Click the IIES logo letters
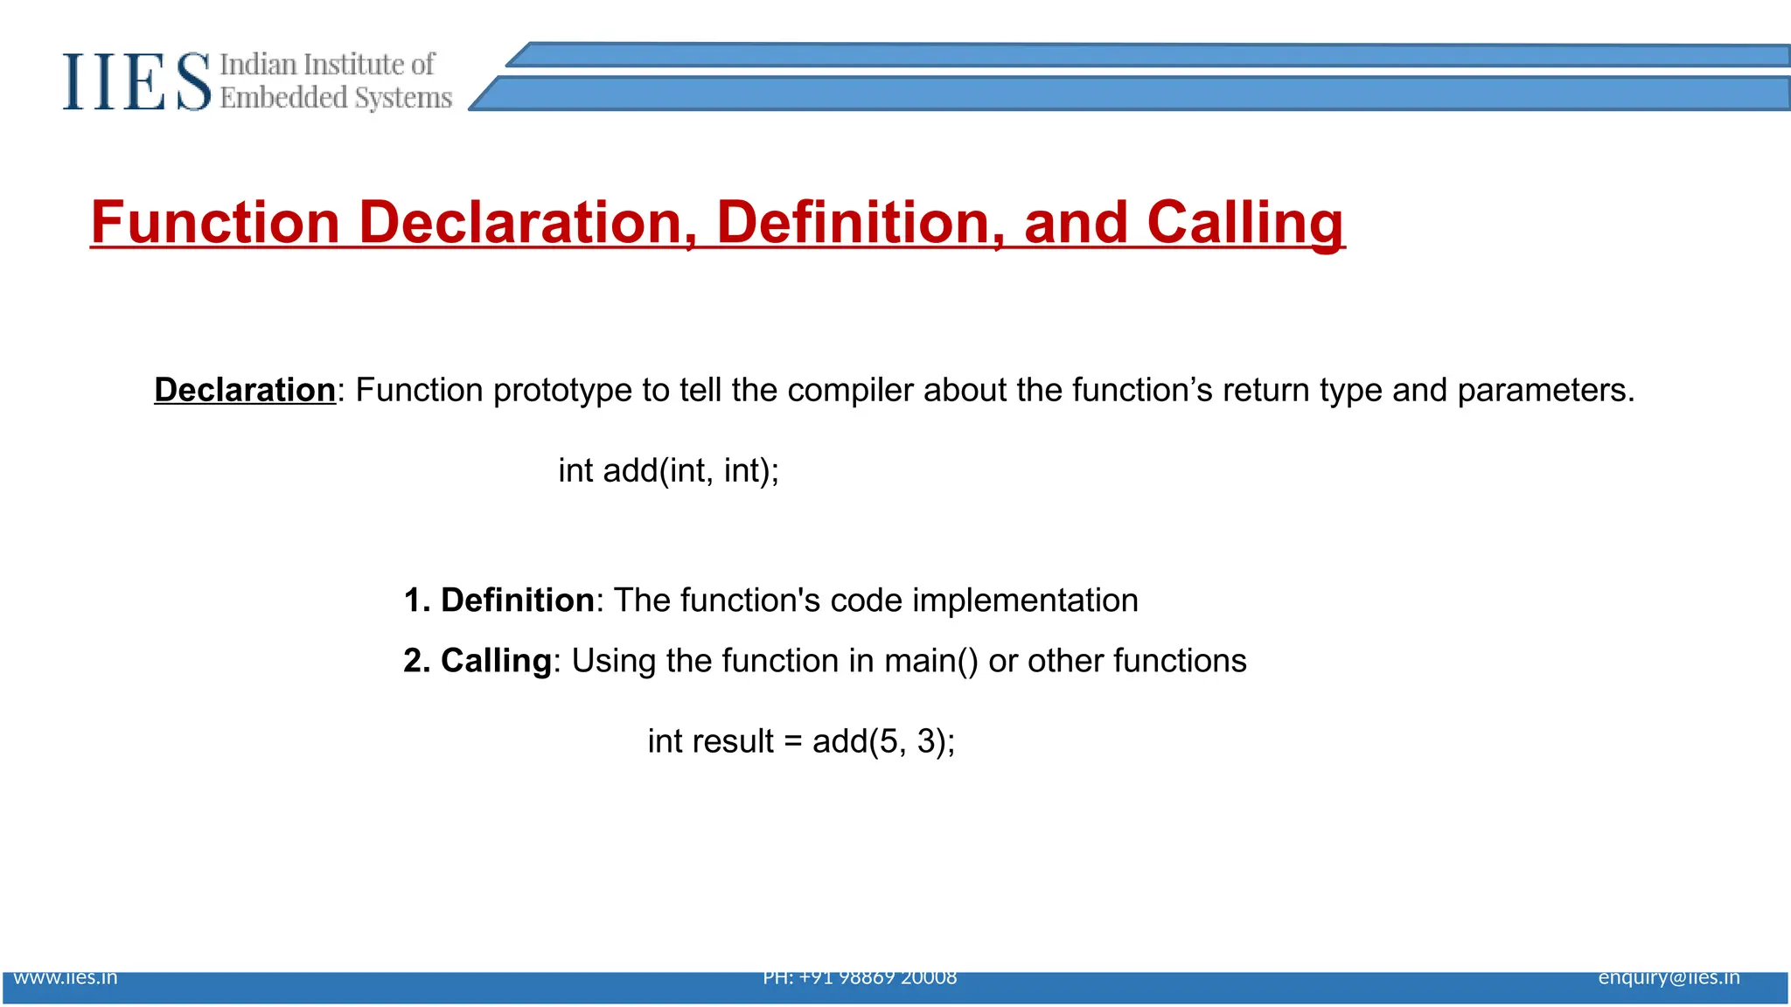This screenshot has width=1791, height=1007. [x=136, y=81]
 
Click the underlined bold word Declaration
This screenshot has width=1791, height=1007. [x=245, y=390]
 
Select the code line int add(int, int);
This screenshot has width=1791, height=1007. [x=668, y=470]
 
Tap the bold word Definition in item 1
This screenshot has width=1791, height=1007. [x=517, y=601]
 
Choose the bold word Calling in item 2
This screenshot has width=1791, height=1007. [x=496, y=661]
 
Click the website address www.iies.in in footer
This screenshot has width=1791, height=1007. [x=66, y=977]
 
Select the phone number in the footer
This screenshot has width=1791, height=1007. [x=860, y=977]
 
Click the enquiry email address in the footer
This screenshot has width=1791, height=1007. [x=1669, y=977]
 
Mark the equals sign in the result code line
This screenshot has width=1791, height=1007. [x=793, y=742]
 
